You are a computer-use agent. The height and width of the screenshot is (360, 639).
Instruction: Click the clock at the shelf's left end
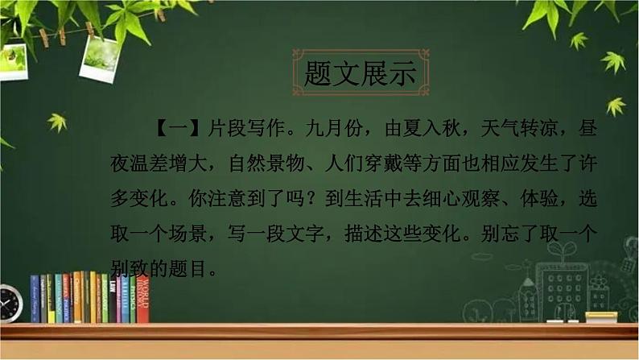click(x=10, y=304)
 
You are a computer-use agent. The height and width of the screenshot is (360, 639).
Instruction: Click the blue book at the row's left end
click(x=35, y=299)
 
